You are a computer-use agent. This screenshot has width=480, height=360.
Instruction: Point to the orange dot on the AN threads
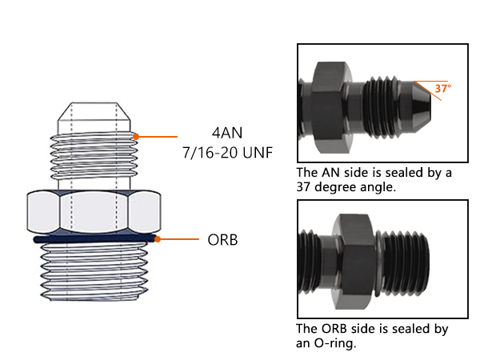[x=135, y=137]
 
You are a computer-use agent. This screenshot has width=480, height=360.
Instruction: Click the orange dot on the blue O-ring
[x=158, y=238]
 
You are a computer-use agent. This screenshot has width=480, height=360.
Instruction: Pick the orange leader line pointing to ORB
[x=178, y=238]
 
